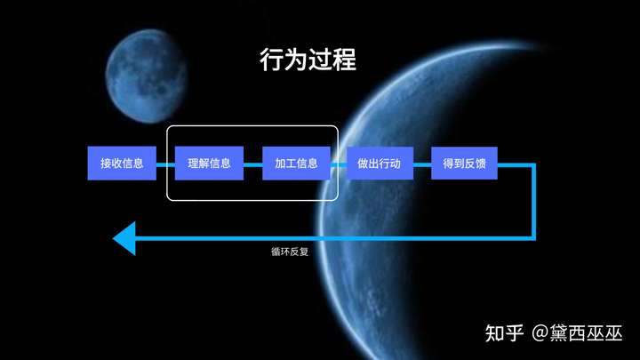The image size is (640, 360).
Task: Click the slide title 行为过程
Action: click(308, 61)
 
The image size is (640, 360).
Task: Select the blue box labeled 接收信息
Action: click(122, 164)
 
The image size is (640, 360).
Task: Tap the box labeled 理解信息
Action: click(209, 164)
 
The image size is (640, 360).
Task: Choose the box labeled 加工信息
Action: click(296, 164)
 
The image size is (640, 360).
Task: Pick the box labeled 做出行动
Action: click(380, 164)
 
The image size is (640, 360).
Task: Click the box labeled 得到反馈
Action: click(464, 164)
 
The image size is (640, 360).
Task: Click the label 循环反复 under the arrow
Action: click(290, 252)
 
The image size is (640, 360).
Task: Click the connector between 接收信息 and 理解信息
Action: click(165, 164)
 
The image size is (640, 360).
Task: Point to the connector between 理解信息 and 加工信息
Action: click(253, 164)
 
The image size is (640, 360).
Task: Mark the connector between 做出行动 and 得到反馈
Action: click(422, 164)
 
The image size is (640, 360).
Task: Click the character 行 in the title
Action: click(271, 61)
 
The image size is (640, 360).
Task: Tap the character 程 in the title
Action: click(344, 61)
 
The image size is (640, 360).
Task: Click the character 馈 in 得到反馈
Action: click(480, 164)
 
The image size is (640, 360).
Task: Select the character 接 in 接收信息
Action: click(106, 164)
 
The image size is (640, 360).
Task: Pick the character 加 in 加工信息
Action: click(280, 164)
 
